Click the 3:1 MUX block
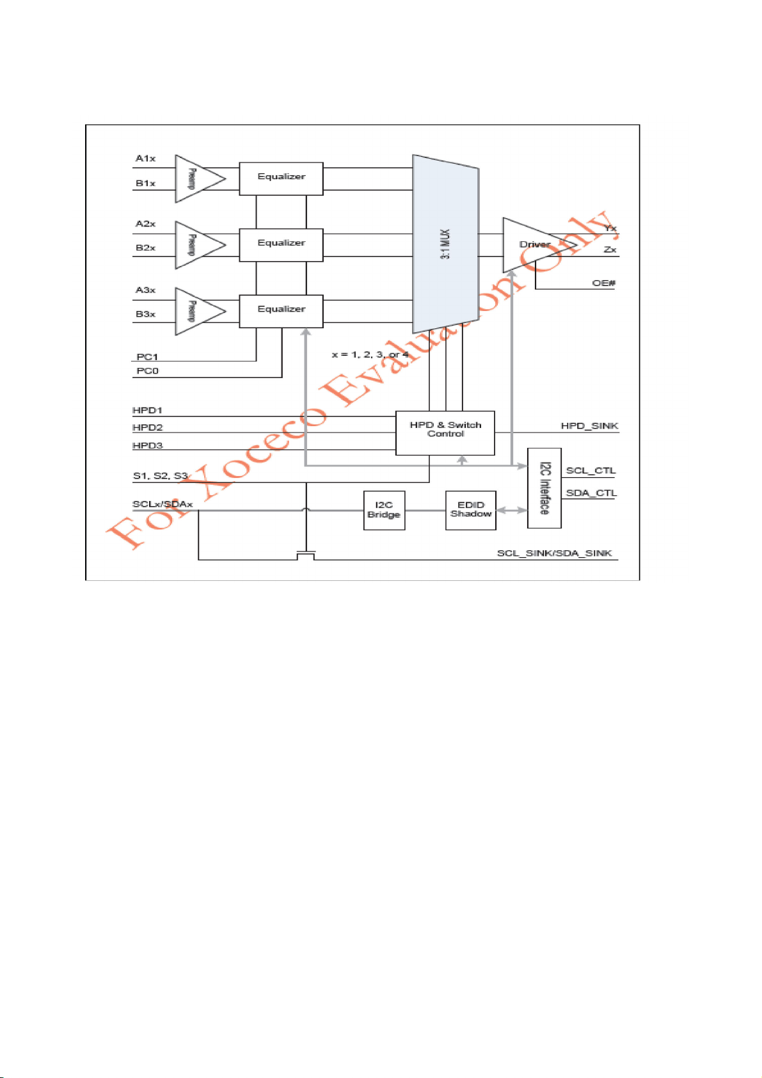[446, 243]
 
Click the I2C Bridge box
[384, 510]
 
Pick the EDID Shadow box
[471, 510]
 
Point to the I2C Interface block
[544, 488]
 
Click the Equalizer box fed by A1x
[281, 178]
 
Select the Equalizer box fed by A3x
[281, 311]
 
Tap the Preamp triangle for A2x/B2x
[196, 245]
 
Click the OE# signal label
[603, 283]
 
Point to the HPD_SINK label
[589, 425]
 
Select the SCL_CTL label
[591, 470]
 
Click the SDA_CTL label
[591, 493]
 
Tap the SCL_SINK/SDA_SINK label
[554, 553]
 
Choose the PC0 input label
[147, 371]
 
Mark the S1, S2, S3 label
[160, 475]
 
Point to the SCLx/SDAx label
[163, 504]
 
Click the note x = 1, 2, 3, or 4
[370, 354]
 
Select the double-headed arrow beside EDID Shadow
[511, 510]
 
